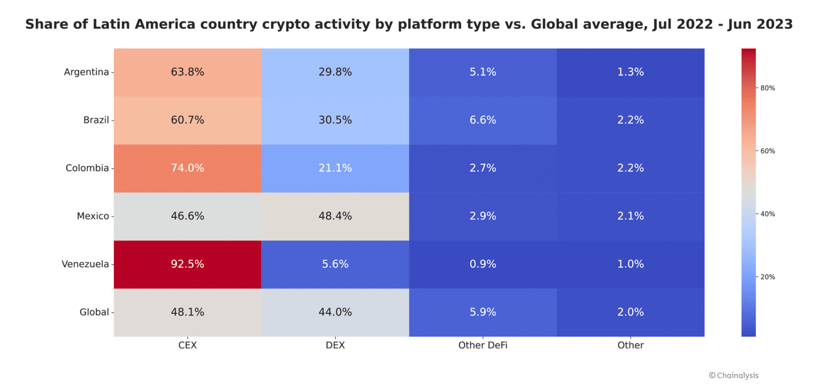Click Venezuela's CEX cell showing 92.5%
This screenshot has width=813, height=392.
click(187, 264)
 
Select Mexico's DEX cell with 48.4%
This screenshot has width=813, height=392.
click(335, 216)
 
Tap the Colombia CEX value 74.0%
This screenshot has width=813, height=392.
click(187, 168)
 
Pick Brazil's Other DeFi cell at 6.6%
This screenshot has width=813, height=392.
click(483, 120)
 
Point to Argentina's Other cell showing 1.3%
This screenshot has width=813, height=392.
click(630, 72)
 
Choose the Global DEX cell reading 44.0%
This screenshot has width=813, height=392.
click(335, 312)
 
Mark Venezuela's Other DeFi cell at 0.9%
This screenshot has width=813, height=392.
click(483, 264)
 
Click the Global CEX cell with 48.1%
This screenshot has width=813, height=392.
click(187, 312)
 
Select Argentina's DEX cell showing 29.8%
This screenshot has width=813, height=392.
click(335, 72)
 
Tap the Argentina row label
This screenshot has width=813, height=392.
click(86, 72)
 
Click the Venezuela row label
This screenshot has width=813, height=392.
click(85, 264)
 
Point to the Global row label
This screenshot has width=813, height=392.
click(94, 312)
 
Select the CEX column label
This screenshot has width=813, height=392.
click(187, 345)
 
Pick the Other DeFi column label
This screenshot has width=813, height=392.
click(483, 345)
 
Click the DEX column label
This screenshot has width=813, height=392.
click(335, 345)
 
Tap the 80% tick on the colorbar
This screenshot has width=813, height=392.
click(768, 88)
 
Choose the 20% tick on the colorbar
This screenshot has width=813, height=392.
click(768, 277)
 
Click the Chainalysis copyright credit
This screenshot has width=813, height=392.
click(733, 375)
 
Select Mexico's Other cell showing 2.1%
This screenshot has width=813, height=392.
click(630, 216)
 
